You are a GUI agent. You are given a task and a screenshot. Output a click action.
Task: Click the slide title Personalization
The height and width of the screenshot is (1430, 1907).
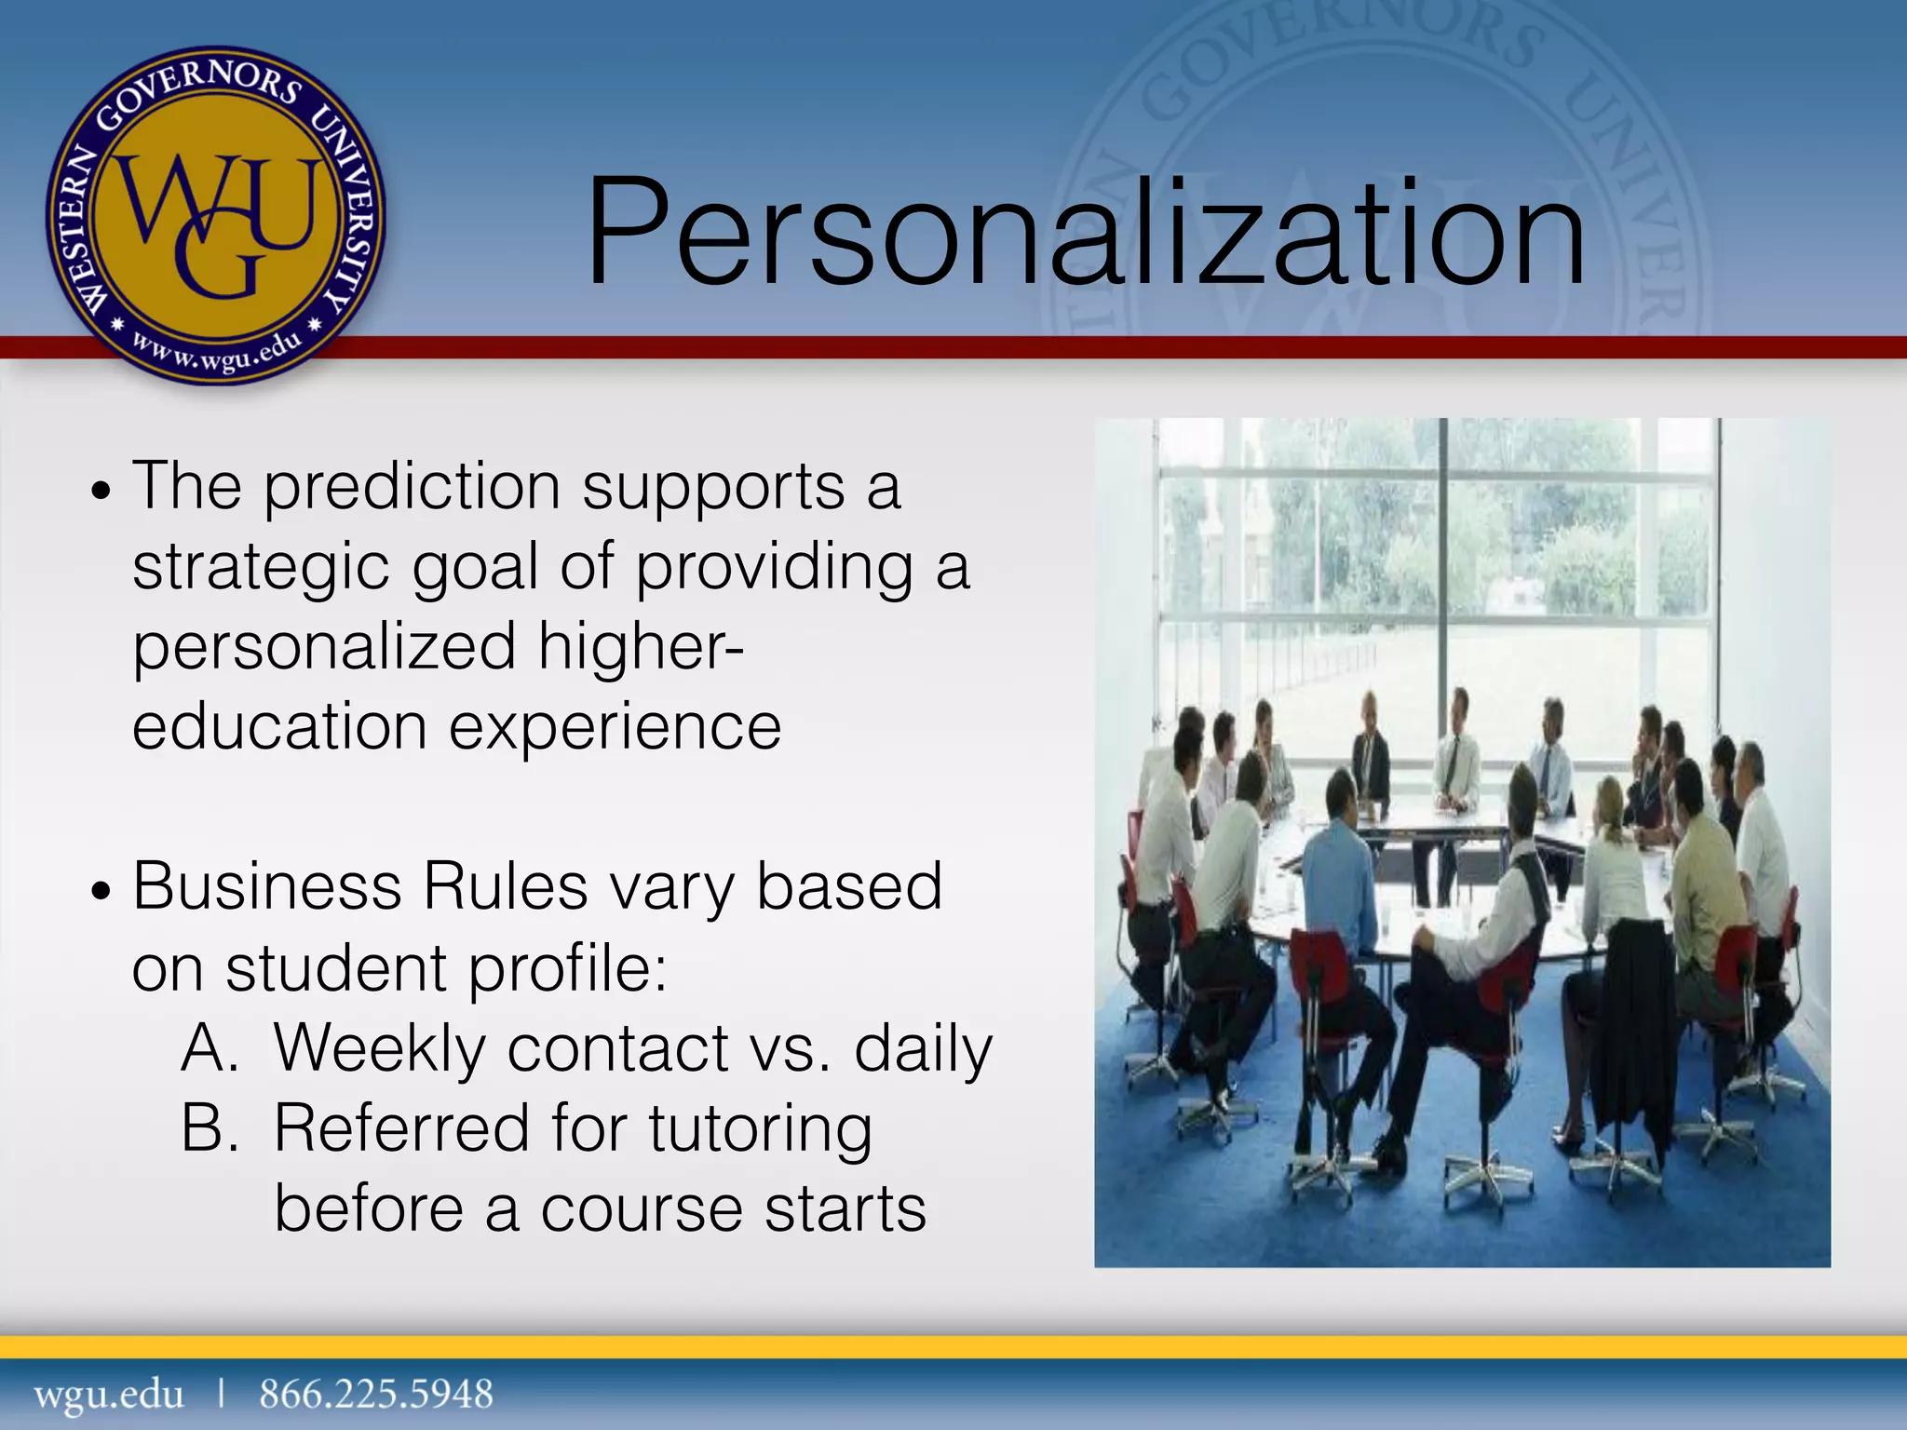click(1085, 233)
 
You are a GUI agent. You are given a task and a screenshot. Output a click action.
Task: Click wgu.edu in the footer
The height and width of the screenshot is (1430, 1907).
click(109, 1395)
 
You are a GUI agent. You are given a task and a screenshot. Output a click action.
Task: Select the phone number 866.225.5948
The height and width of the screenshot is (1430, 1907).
click(376, 1395)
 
